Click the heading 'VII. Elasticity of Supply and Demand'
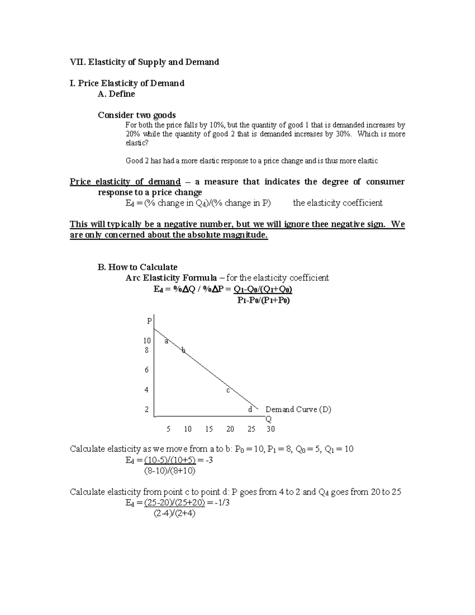tap(144, 62)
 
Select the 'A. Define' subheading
tap(116, 94)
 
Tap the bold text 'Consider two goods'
tap(137, 115)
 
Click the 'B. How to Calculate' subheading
tap(137, 267)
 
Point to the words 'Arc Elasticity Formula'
tap(171, 278)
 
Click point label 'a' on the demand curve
tap(166, 341)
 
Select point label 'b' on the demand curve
tap(183, 350)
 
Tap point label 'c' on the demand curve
tap(228, 390)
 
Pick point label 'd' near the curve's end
tap(250, 410)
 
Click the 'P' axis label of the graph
tap(149, 321)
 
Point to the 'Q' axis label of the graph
tap(268, 419)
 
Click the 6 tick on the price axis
tap(146, 370)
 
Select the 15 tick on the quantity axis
tap(209, 429)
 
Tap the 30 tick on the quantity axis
tap(270, 429)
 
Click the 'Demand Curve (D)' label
tap(298, 409)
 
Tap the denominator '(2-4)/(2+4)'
tap(174, 514)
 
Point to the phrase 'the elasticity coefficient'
tap(338, 203)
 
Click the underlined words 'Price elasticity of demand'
tap(125, 182)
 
